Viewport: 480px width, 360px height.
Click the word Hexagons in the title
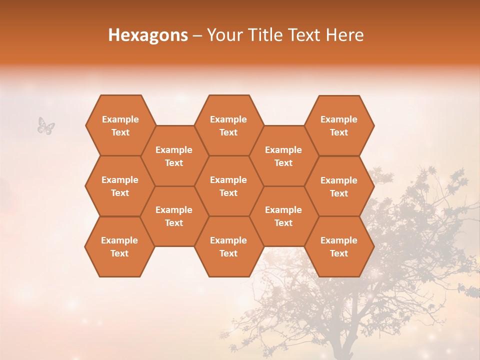(x=148, y=35)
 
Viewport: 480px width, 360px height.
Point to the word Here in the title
(x=345, y=35)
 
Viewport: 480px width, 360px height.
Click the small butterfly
(x=46, y=125)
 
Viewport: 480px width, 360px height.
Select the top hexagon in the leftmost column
(x=120, y=125)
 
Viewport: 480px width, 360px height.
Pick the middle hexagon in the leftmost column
(x=120, y=186)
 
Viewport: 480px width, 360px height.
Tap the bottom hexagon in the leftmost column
(x=119, y=246)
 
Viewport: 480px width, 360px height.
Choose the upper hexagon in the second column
(x=174, y=156)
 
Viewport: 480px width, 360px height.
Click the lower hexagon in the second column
(x=174, y=216)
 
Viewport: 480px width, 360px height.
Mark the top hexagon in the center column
(x=228, y=125)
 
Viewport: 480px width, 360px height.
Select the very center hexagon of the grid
(x=228, y=186)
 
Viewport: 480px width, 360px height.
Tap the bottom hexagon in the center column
(x=228, y=246)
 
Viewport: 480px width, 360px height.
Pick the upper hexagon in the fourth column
(x=283, y=156)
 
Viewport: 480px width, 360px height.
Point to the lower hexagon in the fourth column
(x=283, y=216)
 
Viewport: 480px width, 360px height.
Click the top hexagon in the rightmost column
(x=339, y=125)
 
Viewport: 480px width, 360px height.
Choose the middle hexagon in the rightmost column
(x=339, y=186)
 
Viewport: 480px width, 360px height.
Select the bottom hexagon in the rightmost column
(x=339, y=246)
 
